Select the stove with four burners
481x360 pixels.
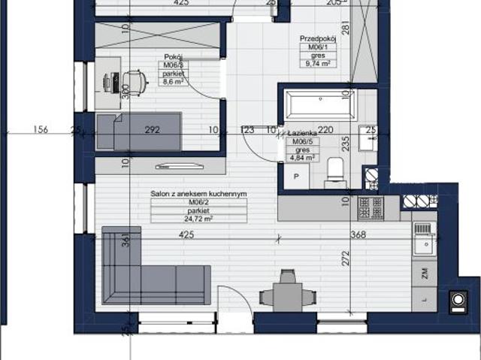pyautogui.click(x=369, y=204)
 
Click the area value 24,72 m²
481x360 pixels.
pyautogui.click(x=198, y=218)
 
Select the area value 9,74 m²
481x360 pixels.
pyautogui.click(x=316, y=64)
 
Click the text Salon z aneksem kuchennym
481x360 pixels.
pyautogui.click(x=198, y=194)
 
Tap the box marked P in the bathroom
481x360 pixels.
pyautogui.click(x=296, y=176)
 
